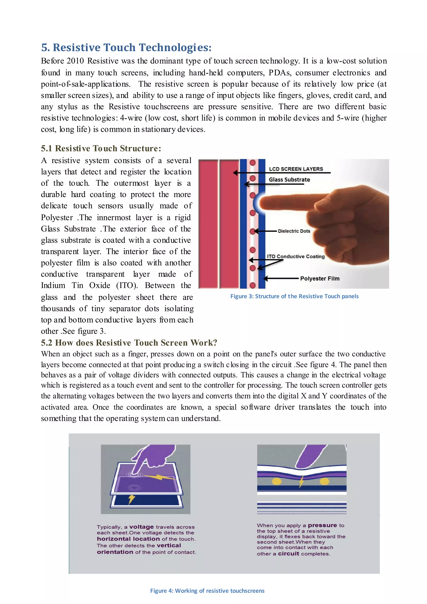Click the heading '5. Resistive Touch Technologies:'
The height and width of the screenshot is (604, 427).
pyautogui.click(x=126, y=48)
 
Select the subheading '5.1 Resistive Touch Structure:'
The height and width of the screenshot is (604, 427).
pyautogui.click(x=101, y=148)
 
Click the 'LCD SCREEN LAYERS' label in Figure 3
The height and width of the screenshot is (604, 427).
pyautogui.click(x=296, y=169)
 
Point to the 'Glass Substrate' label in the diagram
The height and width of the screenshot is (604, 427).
pyautogui.click(x=289, y=180)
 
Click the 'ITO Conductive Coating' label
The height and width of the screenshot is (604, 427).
pyautogui.click(x=296, y=256)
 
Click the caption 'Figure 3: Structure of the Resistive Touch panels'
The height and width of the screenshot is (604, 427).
pyautogui.click(x=294, y=296)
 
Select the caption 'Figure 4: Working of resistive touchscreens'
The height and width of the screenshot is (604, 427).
pyautogui.click(x=207, y=591)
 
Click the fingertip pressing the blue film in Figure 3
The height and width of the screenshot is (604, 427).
pyautogui.click(x=263, y=203)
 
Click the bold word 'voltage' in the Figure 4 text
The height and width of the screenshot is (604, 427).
pyautogui.click(x=141, y=527)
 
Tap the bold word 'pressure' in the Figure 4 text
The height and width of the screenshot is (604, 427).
pyautogui.click(x=322, y=525)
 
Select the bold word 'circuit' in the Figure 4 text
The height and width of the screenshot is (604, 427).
pyautogui.click(x=288, y=554)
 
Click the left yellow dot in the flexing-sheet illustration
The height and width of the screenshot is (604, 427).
pyautogui.click(x=277, y=481)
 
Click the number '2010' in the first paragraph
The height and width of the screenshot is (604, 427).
pyautogui.click(x=75, y=61)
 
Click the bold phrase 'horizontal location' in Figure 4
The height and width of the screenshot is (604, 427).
pyautogui.click(x=128, y=539)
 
